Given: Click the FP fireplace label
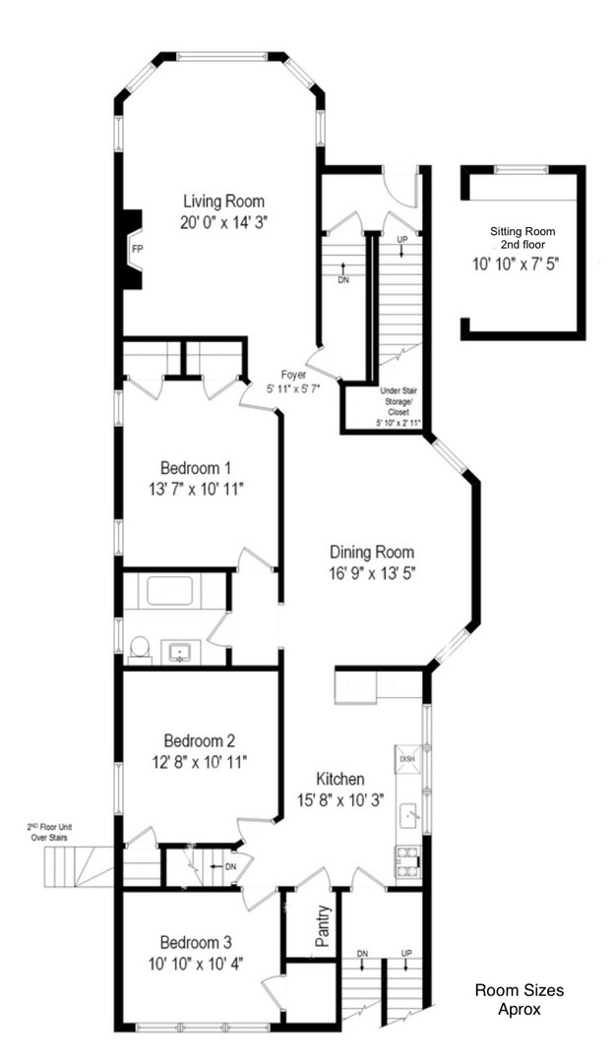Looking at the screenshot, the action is [x=137, y=249].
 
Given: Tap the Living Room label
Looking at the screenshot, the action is [x=223, y=202].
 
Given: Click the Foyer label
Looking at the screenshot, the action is [x=294, y=375].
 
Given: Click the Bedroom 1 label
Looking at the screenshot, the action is [x=196, y=467].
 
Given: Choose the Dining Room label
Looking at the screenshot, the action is [x=372, y=552].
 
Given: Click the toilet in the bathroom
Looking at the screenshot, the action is [x=139, y=647].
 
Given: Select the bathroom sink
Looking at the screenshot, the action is [x=179, y=652].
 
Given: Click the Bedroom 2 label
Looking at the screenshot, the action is [x=199, y=738].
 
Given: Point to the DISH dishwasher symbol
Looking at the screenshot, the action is [x=408, y=758].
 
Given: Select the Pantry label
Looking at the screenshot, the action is [x=323, y=926].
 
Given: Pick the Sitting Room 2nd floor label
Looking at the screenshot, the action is [x=523, y=238].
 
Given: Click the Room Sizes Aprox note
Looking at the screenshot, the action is [x=520, y=1000].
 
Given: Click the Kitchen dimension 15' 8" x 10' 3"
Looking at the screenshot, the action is [x=340, y=799].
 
